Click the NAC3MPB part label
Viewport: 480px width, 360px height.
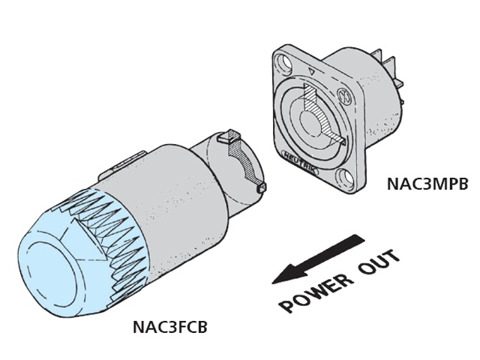pyautogui.click(x=427, y=184)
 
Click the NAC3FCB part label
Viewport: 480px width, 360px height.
pyautogui.click(x=170, y=327)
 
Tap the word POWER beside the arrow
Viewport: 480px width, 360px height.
pyautogui.click(x=315, y=292)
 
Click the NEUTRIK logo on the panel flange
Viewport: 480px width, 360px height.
pyautogui.click(x=300, y=162)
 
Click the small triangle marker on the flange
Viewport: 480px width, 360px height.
pyautogui.click(x=312, y=72)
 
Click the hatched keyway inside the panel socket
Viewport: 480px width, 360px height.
pyautogui.click(x=322, y=112)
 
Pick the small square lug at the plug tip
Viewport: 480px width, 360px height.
pyautogui.click(x=262, y=187)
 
